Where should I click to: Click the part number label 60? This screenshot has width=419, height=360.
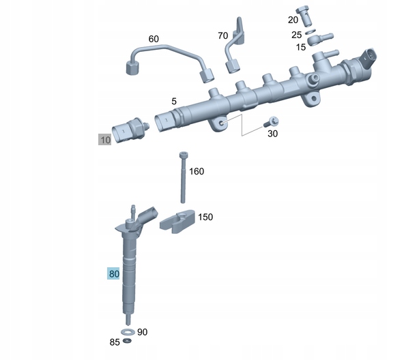click(154, 39)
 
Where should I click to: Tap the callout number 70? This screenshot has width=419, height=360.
click(223, 35)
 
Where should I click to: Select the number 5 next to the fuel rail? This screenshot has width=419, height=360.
click(174, 101)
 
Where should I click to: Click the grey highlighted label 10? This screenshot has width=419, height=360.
click(104, 140)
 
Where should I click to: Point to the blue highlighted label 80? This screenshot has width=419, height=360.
click(114, 274)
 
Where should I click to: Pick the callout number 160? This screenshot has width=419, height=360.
click(197, 171)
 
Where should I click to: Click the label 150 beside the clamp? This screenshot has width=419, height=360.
click(205, 217)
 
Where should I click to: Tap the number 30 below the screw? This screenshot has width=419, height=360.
click(272, 134)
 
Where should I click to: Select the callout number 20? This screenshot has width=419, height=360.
click(293, 20)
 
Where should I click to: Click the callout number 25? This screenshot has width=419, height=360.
click(296, 34)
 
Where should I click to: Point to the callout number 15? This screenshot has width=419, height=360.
click(301, 47)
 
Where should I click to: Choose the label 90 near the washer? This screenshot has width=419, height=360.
click(143, 332)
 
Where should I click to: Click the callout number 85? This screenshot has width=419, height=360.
click(115, 342)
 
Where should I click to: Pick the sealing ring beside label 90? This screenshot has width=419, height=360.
click(128, 332)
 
